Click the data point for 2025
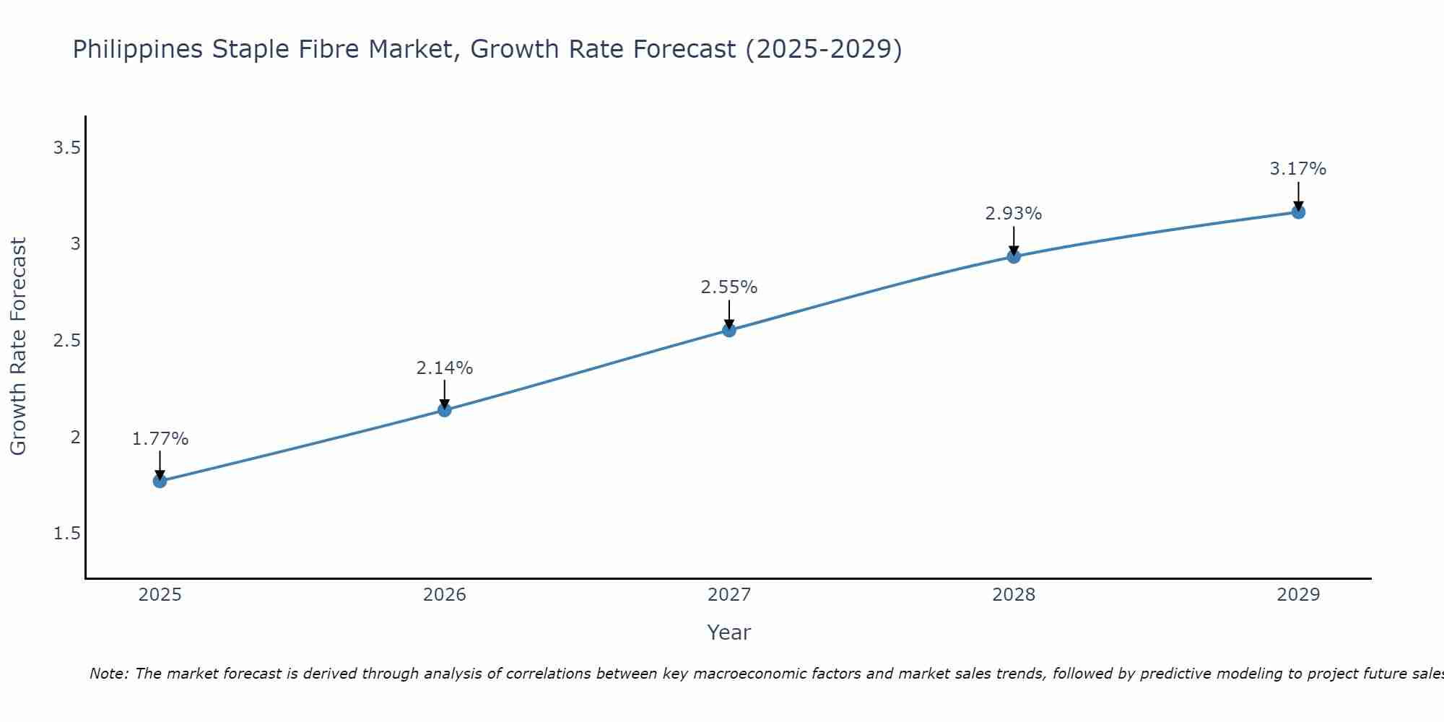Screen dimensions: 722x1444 tap(160, 481)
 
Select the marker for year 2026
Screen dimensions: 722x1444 tap(445, 410)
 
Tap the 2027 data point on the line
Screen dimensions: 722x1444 tap(729, 330)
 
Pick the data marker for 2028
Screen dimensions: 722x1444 tap(1014, 256)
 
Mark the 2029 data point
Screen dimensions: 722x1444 tap(1298, 212)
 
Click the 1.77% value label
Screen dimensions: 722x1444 tap(160, 439)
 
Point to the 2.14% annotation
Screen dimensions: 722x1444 tap(445, 368)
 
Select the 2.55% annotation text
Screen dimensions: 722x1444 tap(729, 287)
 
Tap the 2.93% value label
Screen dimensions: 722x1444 tap(1014, 214)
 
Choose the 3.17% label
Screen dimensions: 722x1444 tap(1298, 169)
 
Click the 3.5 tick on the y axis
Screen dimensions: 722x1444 tap(66, 148)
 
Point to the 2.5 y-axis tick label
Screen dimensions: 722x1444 tap(66, 341)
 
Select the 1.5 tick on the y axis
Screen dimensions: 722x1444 tap(66, 534)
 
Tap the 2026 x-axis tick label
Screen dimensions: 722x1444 tap(445, 595)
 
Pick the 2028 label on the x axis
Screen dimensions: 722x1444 tap(1014, 595)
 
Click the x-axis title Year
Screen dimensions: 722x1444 tap(729, 632)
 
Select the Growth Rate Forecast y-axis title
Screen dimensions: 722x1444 tap(19, 347)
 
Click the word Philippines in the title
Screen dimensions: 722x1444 tap(138, 50)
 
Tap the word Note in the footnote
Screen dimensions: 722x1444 tap(108, 674)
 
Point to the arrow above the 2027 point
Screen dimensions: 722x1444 tap(729, 313)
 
